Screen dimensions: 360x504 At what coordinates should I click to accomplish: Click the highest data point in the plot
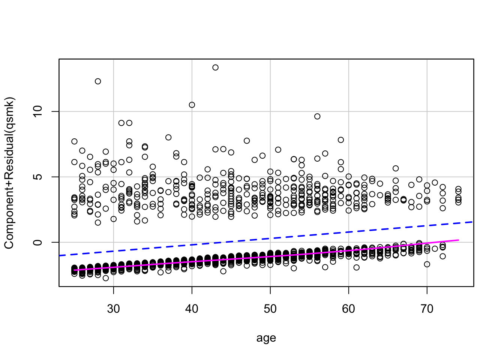point(215,67)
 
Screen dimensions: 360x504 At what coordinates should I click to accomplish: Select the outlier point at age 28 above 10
point(98,81)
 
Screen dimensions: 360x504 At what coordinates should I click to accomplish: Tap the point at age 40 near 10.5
point(192,105)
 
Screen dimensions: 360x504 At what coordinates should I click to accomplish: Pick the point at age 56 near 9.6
point(317,117)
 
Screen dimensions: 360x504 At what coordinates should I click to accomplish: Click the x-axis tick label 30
point(113,309)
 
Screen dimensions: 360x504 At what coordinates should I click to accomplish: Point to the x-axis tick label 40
point(192,309)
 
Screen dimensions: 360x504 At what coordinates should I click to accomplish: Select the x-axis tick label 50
point(270,309)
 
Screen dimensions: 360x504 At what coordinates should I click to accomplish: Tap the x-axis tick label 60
point(349,309)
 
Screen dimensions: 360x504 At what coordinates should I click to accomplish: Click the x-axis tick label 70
point(427,309)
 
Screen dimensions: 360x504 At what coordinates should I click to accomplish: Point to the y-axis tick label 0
point(37,242)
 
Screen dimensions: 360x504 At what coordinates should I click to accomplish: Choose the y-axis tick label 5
point(37,177)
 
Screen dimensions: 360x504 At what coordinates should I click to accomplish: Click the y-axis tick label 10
point(37,111)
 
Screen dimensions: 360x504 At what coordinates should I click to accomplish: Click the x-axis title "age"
point(266,338)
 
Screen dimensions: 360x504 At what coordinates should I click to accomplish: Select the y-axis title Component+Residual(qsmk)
point(9,173)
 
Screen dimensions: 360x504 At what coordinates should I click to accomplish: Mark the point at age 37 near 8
point(168,138)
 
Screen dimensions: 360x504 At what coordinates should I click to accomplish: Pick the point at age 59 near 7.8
point(341,140)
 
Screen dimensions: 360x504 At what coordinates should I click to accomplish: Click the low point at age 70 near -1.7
point(427,264)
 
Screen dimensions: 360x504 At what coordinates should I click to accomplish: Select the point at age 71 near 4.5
point(435,183)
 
